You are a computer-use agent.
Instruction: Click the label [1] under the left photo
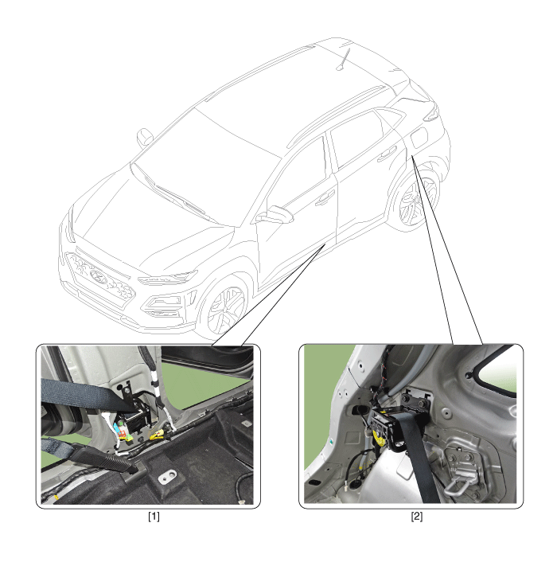tap(154, 517)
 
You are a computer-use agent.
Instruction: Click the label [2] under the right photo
tap(417, 517)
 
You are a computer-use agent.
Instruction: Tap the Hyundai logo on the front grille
tap(97, 276)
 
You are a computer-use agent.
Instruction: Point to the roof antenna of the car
tap(343, 58)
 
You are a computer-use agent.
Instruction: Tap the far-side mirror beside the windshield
tap(145, 137)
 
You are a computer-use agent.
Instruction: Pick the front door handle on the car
tap(325, 198)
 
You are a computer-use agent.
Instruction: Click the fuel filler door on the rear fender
tap(419, 137)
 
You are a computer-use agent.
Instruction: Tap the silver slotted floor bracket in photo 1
tap(168, 476)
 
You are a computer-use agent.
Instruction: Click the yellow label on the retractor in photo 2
tap(377, 435)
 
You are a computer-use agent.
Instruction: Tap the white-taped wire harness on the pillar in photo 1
tap(158, 391)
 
